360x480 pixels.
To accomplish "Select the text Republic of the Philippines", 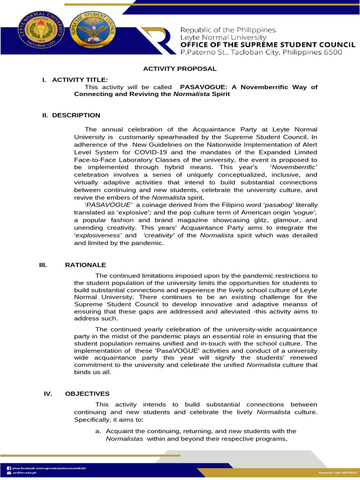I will [228, 30].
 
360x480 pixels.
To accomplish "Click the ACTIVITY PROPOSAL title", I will [180, 69].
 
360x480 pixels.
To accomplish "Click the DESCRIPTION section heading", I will [76, 115].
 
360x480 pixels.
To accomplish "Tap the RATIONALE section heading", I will [85, 265].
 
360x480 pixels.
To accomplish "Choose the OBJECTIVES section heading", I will [87, 394].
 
